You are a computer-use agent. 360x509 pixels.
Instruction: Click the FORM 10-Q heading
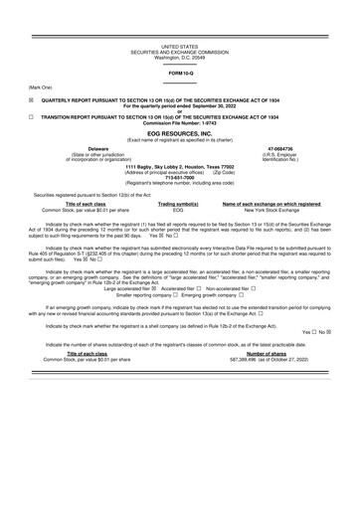pos(179,74)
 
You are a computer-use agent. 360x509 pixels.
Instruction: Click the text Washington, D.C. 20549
pos(179,57)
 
